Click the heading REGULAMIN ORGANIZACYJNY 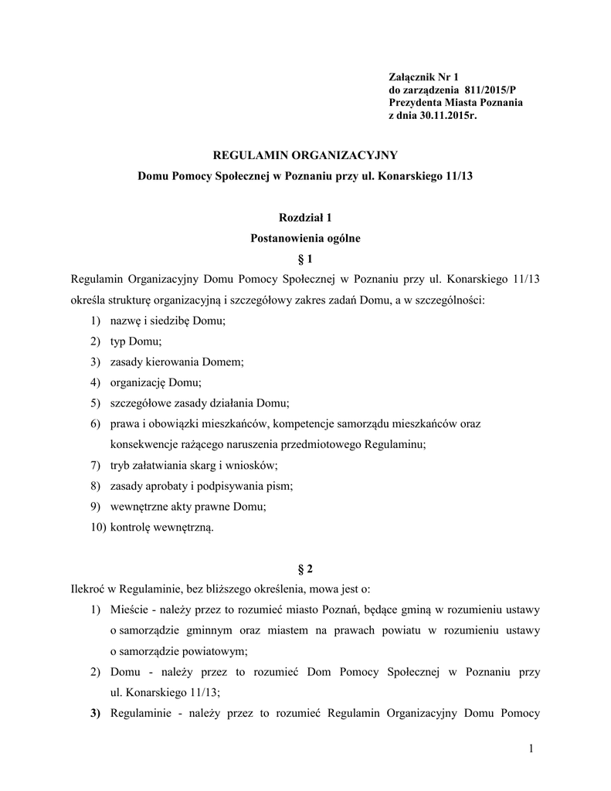304,155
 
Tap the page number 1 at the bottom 532,748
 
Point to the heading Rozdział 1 305,219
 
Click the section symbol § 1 305,259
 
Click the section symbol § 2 305,569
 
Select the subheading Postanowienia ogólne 305,239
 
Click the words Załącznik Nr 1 423,76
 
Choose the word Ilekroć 87,590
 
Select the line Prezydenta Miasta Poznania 456,102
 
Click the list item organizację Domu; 156,382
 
